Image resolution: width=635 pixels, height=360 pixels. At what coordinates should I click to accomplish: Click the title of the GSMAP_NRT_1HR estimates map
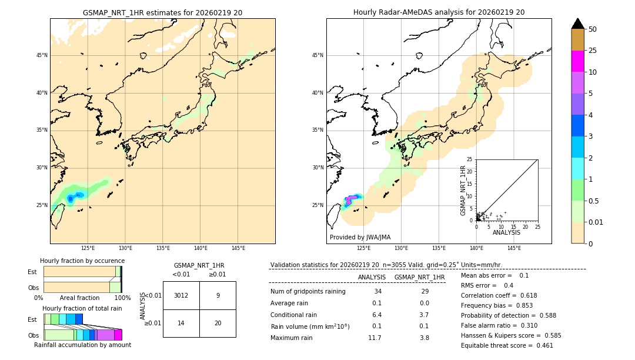162,12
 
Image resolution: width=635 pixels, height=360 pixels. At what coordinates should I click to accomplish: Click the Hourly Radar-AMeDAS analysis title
439,12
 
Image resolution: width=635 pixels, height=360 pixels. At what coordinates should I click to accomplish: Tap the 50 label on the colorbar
593,29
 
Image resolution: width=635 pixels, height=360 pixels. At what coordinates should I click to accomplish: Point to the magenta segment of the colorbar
578,61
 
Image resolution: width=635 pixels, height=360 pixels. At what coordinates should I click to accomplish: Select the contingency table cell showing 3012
181,295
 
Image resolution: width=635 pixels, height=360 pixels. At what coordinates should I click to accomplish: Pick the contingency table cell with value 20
218,323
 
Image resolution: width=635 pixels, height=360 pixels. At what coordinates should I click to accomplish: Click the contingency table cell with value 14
181,323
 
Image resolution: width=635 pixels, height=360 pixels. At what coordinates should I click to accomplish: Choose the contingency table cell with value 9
218,295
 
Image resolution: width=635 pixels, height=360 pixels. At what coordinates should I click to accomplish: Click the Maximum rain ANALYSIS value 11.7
375,338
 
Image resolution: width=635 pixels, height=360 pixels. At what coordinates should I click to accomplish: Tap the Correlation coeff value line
499,295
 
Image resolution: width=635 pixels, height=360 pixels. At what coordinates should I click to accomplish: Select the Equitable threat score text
507,345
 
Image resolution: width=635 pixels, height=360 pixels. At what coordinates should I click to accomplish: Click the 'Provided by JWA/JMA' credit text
360,237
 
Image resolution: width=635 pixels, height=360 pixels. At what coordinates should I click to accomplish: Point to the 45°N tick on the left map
42,55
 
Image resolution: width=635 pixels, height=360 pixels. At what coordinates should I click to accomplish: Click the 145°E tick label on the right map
514,248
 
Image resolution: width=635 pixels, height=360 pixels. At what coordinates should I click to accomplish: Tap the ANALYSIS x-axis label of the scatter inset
506,232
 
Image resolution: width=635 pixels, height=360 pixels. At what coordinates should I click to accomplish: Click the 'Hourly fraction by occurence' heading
82,261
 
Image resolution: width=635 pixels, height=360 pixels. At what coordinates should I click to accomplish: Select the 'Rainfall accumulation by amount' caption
82,345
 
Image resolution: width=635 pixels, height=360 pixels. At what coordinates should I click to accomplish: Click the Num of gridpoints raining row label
308,291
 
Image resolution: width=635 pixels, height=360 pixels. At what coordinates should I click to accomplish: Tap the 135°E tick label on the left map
163,248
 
